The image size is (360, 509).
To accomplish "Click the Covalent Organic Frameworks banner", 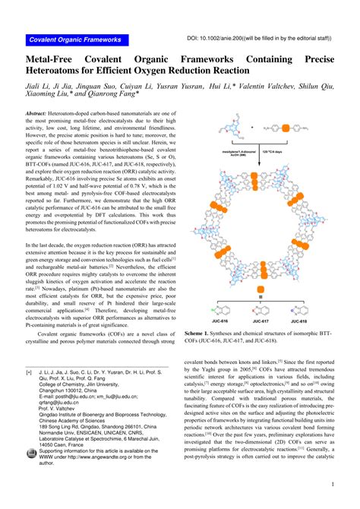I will pyautogui.click(x=74, y=40).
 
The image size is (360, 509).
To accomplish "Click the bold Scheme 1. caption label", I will pyautogui.click(x=200, y=334).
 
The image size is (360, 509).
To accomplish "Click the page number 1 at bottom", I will pyautogui.click(x=333, y=483).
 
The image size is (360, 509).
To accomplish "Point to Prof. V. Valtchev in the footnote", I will pyautogui.click(x=60, y=407).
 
